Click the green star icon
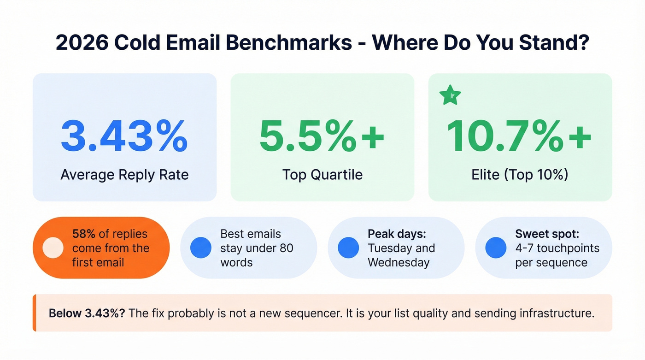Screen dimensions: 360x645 pos(450,95)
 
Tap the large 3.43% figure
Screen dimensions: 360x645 pos(124,136)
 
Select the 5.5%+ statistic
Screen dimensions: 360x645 pos(322,136)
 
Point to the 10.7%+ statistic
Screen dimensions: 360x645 pos(519,136)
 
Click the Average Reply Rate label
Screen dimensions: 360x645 pos(124,175)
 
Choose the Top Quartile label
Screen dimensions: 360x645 pos(322,175)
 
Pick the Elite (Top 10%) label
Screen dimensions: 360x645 pos(519,175)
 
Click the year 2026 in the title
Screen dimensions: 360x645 pos(81,42)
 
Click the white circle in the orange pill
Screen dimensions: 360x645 pos(53,248)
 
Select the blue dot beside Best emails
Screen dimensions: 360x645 pos(201,248)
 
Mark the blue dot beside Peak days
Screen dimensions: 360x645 pos(348,248)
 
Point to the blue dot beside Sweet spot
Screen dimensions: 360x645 pos(496,248)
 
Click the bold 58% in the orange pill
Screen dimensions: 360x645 pos(82,234)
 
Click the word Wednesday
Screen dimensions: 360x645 pos(399,263)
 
